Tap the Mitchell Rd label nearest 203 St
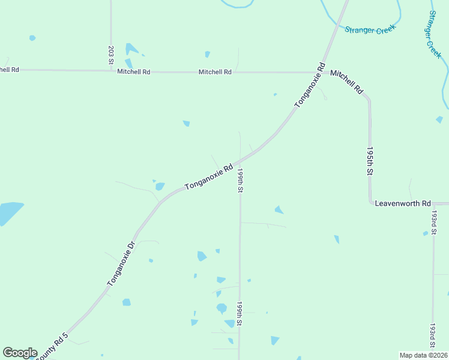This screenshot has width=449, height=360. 133,71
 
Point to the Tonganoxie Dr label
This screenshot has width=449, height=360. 122,263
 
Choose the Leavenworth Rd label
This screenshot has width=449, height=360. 403,203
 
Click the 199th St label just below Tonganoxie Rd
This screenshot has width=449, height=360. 240,180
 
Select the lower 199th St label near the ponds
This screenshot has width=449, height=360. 240,313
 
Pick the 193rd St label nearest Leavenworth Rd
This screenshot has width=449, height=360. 433,221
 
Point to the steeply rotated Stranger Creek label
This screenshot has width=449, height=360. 434,34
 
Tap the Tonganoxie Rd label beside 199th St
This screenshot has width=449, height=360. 208,178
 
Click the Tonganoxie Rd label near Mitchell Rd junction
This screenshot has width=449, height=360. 310,85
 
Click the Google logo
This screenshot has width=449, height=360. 20,353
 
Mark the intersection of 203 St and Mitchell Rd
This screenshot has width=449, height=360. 111,70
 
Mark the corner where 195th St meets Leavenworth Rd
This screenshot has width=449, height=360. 370,203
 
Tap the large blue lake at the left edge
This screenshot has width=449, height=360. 8,212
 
